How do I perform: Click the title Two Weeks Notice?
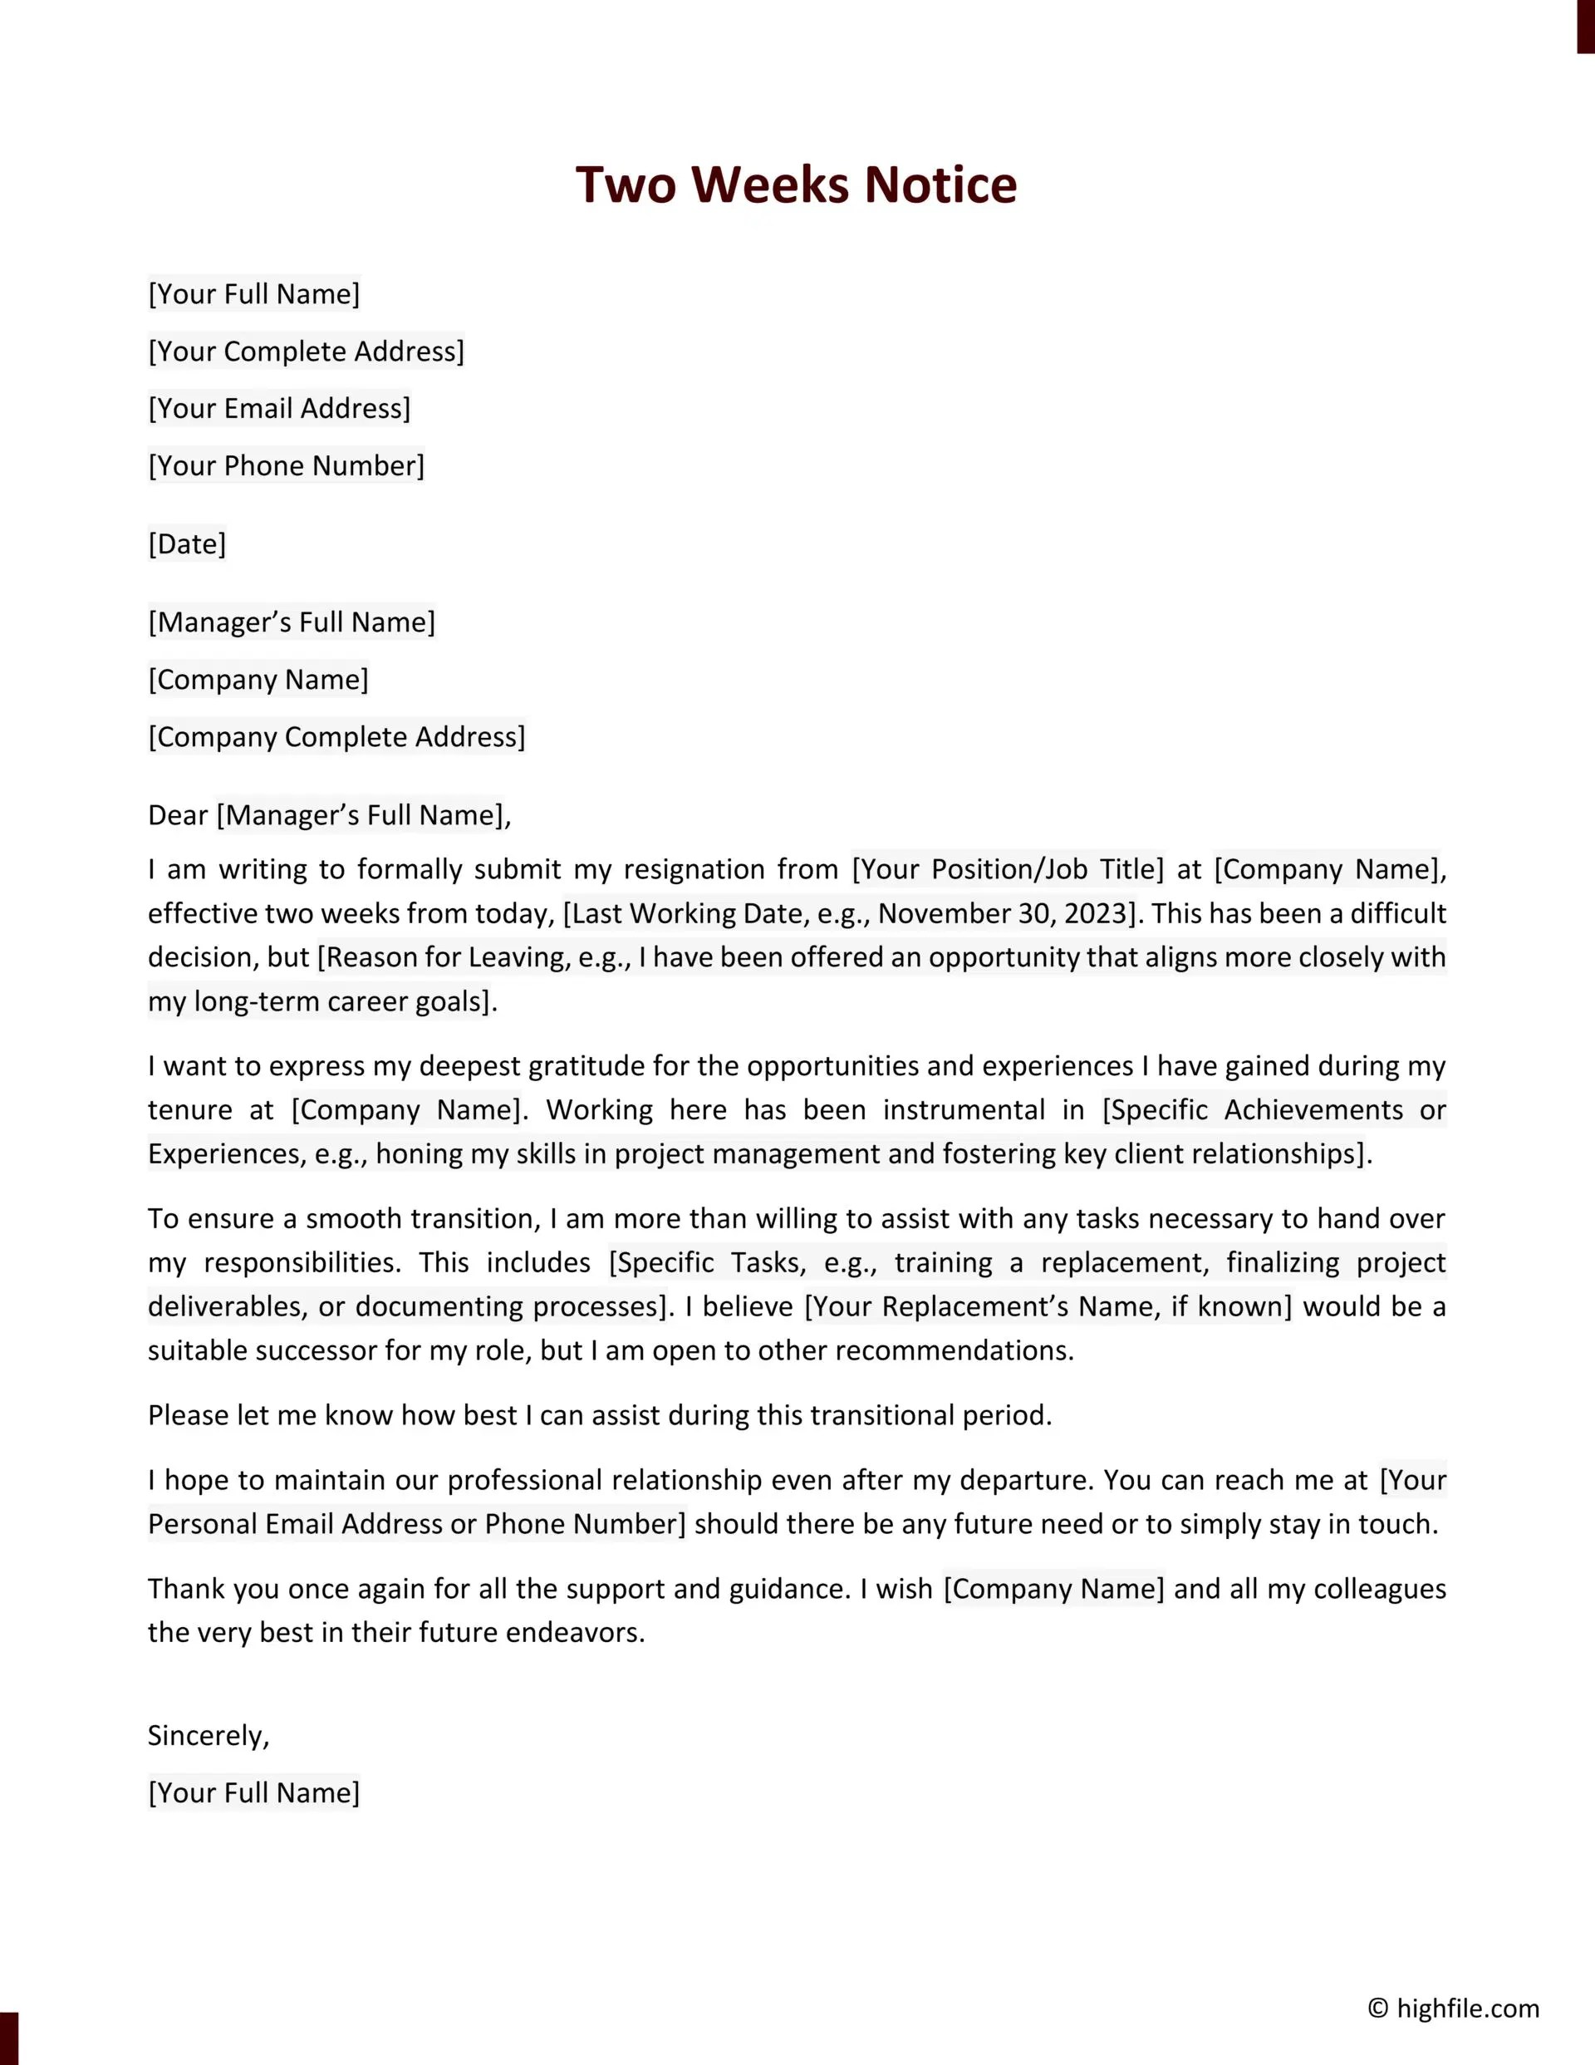(796, 184)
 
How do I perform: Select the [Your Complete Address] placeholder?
(307, 352)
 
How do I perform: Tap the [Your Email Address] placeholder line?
(279, 409)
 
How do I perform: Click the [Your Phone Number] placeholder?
(287, 466)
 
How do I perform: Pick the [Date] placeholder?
(187, 544)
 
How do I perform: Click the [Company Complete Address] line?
(336, 738)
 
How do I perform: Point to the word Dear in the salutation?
(177, 816)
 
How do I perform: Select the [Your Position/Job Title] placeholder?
(1008, 870)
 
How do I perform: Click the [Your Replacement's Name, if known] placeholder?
(1048, 1306)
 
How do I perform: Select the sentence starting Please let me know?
(600, 1415)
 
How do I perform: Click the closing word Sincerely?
(208, 1736)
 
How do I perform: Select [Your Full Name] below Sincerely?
(253, 1793)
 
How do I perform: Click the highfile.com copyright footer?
(1453, 2008)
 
